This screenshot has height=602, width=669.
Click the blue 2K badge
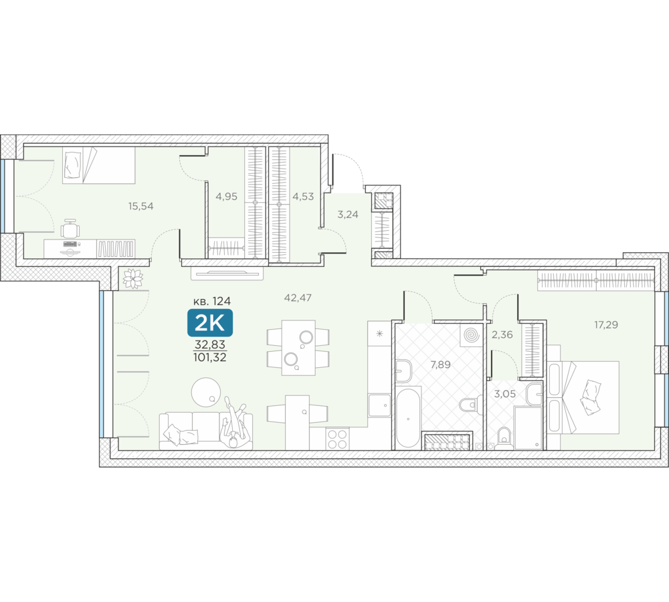click(x=210, y=323)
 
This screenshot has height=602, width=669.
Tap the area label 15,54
click(x=140, y=207)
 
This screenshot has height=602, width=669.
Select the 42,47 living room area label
click(x=298, y=298)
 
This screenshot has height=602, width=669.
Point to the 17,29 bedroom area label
click(x=606, y=324)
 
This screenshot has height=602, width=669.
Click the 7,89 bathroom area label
click(x=440, y=365)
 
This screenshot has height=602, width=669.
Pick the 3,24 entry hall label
click(x=348, y=215)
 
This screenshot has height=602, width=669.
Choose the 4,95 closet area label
click(x=226, y=197)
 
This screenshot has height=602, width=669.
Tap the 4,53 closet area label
click(x=303, y=197)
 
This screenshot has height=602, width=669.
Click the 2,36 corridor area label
click(x=502, y=335)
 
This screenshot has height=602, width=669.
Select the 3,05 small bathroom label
click(x=504, y=394)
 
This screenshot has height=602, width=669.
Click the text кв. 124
click(x=212, y=301)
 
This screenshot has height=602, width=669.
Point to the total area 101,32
click(x=210, y=358)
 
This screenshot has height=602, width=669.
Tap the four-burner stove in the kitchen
click(x=337, y=439)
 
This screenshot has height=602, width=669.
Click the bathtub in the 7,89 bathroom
click(x=408, y=418)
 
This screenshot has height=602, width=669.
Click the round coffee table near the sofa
click(x=206, y=392)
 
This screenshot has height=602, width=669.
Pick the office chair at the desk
click(x=70, y=228)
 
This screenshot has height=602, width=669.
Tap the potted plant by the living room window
click(x=132, y=279)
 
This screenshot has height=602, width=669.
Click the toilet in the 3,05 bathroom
click(x=504, y=437)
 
